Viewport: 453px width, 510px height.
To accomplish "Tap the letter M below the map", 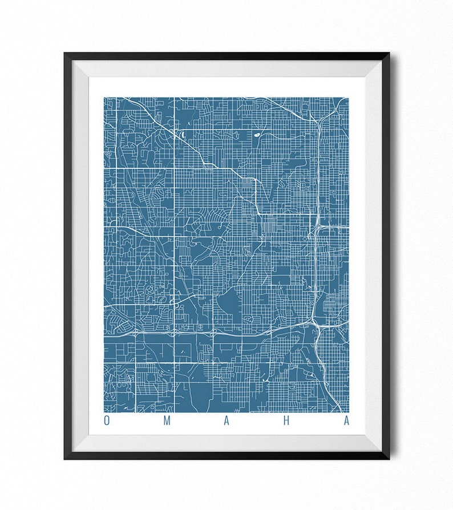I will tap(167, 422).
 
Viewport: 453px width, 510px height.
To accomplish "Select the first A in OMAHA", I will tap(226, 422).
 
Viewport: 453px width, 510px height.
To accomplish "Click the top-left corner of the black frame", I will tap(65, 54).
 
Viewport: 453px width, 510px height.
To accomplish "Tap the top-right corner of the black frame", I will tap(389, 54).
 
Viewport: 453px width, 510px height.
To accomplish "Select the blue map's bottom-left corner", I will tap(104, 411).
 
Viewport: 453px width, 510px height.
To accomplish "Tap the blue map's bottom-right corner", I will tap(348, 411).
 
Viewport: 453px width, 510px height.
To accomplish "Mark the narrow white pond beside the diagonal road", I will tap(181, 135).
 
